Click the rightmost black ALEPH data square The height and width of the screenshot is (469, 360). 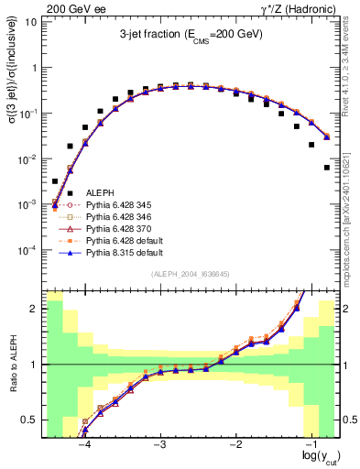point(327,168)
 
